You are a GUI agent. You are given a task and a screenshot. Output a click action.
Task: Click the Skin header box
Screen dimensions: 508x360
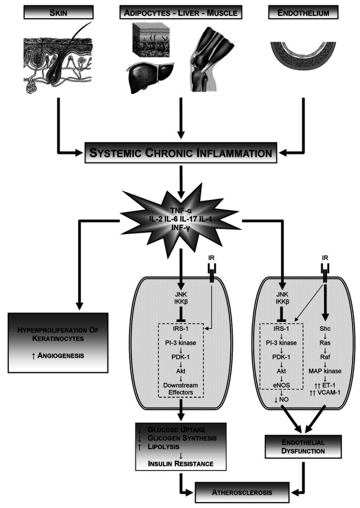58,13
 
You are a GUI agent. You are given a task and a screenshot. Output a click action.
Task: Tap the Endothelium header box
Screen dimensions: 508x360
303,13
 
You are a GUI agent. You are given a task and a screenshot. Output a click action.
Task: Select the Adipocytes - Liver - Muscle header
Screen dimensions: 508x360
181,13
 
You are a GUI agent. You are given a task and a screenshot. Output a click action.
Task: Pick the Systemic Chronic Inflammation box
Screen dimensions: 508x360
181,153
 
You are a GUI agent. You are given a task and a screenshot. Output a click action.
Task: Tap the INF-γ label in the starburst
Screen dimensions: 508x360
181,227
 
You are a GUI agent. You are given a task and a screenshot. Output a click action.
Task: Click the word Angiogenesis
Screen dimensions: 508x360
61,355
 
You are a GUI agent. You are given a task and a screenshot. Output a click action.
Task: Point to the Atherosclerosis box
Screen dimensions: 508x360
242,492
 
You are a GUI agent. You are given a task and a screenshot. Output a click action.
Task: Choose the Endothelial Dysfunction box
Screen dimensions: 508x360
303,446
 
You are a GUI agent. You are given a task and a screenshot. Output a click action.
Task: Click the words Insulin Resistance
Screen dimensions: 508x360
181,463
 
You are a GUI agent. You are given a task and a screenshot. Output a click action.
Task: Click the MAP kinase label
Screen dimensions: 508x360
325,371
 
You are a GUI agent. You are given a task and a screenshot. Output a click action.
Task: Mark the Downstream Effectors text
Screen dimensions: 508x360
181,389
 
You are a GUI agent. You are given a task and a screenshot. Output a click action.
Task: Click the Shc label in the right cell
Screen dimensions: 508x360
325,328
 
